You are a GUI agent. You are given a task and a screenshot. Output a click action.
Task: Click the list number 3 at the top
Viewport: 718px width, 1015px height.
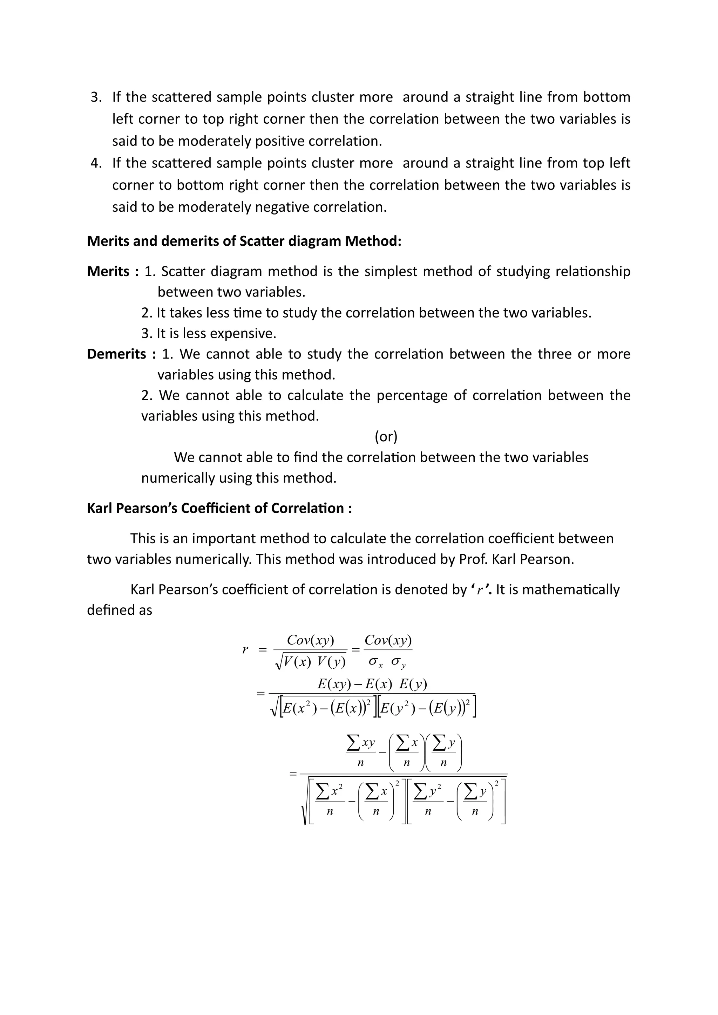coord(95,97)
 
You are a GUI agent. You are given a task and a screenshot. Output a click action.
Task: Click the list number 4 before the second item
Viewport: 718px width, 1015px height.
coord(95,163)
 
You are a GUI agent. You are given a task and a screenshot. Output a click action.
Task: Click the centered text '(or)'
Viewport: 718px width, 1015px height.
coord(386,437)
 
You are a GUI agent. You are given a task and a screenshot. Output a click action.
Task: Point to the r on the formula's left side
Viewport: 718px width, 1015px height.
coord(245,650)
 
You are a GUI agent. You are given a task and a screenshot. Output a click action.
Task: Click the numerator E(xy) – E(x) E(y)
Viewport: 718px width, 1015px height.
coord(372,684)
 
